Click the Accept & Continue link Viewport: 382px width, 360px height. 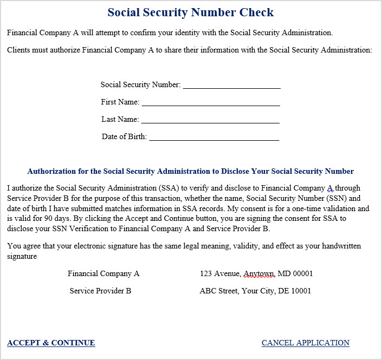coord(51,343)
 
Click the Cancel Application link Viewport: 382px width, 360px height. coord(306,343)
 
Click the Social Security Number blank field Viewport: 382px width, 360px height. coord(231,85)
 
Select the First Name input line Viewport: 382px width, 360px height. coord(210,102)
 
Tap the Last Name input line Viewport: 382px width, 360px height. coord(210,120)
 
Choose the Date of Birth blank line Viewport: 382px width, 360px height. coord(214,137)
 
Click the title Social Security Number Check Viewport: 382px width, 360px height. coord(191,12)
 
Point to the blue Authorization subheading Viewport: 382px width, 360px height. coord(191,172)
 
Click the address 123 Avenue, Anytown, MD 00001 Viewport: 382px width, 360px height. coord(256,273)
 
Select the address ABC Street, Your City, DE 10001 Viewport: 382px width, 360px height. coord(255,291)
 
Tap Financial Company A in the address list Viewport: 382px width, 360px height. coord(103,273)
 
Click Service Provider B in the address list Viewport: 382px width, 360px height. coord(100,291)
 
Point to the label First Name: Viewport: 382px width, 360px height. coord(120,102)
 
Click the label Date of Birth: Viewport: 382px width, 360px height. coord(124,136)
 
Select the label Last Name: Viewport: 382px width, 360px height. coord(120,119)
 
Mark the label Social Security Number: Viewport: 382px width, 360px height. coord(140,84)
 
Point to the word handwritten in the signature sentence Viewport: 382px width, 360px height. coord(338,246)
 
